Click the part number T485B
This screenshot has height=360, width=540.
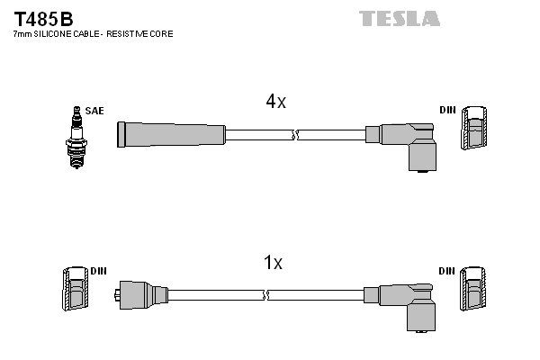point(43,18)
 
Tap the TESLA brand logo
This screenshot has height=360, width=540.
point(400,18)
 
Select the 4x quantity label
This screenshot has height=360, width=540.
point(275,103)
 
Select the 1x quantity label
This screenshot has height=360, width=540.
point(273,263)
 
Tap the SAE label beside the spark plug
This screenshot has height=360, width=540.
point(95,111)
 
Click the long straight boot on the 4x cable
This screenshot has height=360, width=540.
point(171,135)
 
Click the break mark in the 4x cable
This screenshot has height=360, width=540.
point(294,135)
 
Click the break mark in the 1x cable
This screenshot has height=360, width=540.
point(265,294)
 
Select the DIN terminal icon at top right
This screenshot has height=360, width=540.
point(476,131)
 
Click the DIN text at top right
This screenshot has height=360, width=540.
point(447,111)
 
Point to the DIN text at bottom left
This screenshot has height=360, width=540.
point(98,269)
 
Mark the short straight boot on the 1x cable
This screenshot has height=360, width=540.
point(144,294)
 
